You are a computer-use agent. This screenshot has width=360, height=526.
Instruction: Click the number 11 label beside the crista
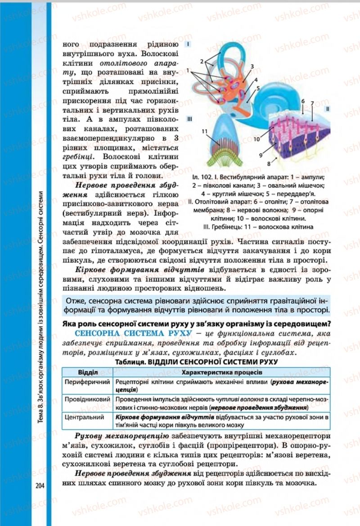[x=204, y=131]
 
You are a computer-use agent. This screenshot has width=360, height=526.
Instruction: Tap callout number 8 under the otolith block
[x=269, y=164]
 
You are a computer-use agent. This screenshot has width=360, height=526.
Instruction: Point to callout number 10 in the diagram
[x=256, y=139]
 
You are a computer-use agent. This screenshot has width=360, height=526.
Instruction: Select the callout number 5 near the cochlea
[x=258, y=88]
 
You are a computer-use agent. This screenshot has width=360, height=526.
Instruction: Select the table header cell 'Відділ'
[x=87, y=373]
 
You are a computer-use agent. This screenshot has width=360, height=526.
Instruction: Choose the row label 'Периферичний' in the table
[x=88, y=382]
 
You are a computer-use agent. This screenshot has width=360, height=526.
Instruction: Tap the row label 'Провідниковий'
[x=88, y=400]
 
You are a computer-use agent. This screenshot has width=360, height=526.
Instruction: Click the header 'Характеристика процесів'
[x=220, y=373]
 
